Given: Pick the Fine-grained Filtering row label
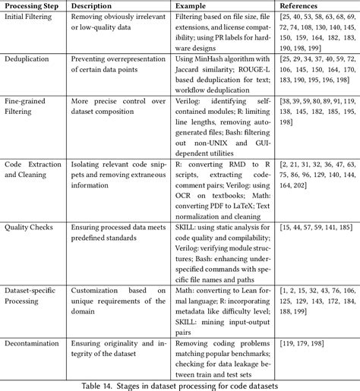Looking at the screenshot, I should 31,105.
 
